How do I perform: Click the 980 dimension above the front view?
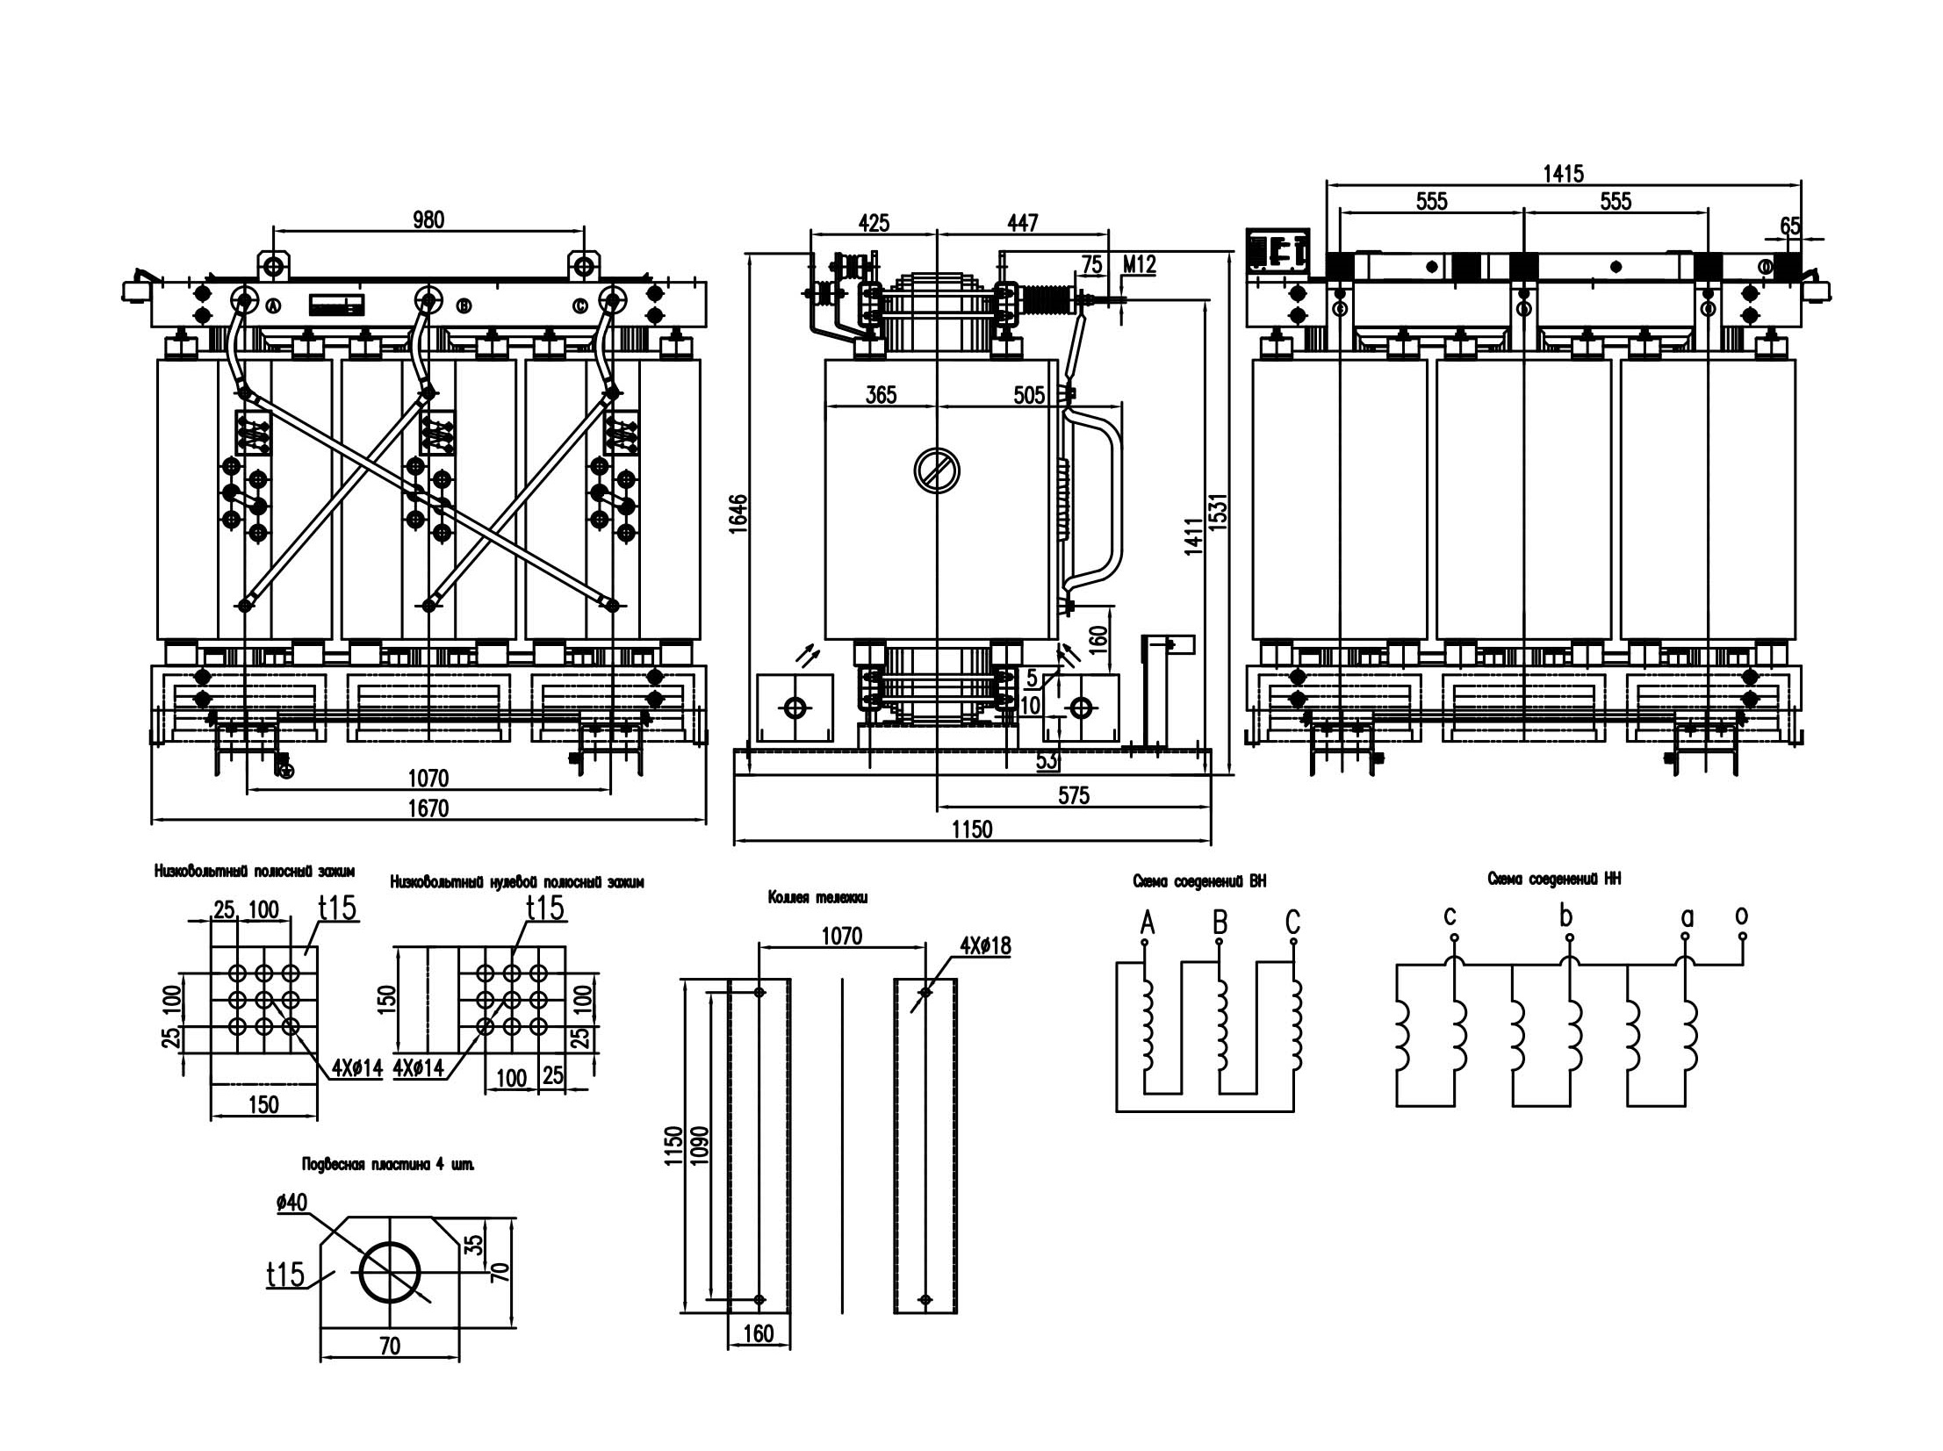(x=428, y=219)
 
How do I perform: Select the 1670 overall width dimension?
(x=428, y=808)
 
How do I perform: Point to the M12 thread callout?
(x=1141, y=263)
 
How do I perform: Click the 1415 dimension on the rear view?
(x=1564, y=174)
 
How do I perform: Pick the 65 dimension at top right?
(x=1790, y=226)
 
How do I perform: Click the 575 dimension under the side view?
(x=1074, y=796)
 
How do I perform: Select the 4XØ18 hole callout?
(x=986, y=946)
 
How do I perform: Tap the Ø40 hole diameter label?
(x=291, y=1203)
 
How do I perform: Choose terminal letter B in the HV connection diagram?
(x=1220, y=923)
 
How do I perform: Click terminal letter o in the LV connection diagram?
(x=1742, y=916)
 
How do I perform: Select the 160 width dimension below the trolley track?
(x=758, y=1334)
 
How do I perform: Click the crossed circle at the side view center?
(x=936, y=470)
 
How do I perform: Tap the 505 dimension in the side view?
(x=1030, y=395)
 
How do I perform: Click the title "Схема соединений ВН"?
(x=1200, y=881)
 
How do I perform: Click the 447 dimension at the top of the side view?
(x=1024, y=223)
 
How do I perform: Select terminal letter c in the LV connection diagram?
(x=1450, y=917)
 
